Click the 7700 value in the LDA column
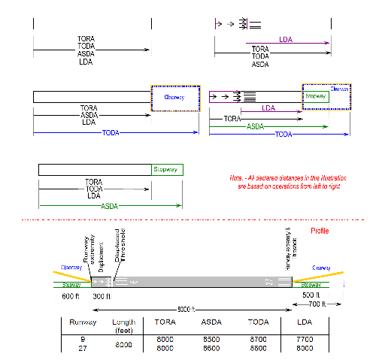(x=303, y=339)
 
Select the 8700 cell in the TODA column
(x=259, y=339)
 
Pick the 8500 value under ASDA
(x=211, y=339)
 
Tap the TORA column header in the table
(x=165, y=322)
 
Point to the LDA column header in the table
(x=303, y=322)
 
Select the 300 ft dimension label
(x=101, y=296)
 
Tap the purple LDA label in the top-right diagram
(x=286, y=39)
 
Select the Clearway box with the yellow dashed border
(x=175, y=98)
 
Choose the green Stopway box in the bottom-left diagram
(x=166, y=168)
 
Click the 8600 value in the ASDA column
(x=211, y=347)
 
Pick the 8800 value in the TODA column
(x=259, y=347)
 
